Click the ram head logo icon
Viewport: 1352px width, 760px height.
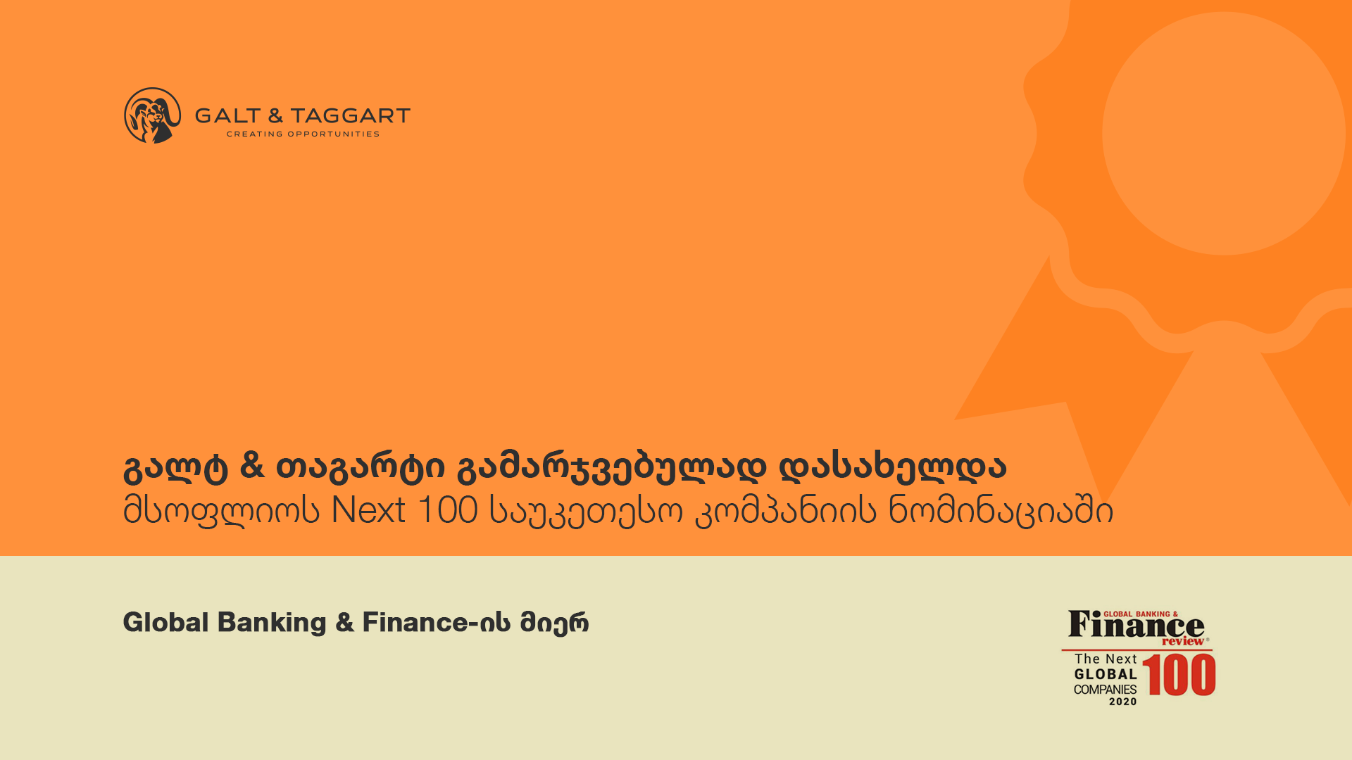152,115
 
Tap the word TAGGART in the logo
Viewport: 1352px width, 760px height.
351,116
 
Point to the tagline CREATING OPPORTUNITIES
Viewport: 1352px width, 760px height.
303,134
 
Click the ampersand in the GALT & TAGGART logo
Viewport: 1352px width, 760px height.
275,116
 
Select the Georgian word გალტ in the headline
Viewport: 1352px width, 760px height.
175,467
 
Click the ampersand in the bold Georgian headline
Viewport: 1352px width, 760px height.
252,465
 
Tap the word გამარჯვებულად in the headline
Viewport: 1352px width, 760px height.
611,467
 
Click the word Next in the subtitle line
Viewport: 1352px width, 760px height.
368,509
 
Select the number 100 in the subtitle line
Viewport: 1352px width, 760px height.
449,509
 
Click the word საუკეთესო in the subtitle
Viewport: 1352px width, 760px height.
586,511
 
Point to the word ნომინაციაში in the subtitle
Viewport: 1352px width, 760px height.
1001,511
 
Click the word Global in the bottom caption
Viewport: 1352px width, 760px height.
166,622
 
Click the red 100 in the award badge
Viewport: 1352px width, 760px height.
1179,675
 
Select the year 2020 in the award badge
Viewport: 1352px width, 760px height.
1123,702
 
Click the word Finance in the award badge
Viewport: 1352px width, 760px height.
1136,625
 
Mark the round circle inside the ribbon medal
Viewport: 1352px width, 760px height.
1224,134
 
